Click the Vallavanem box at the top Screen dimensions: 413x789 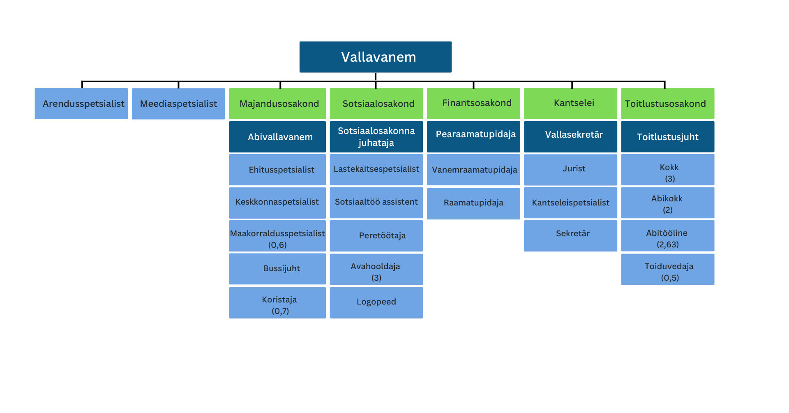pyautogui.click(x=375, y=57)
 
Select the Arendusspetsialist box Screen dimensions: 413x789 pyautogui.click(x=81, y=104)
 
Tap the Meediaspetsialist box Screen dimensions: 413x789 pyautogui.click(x=178, y=104)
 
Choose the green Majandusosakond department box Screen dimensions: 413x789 pyautogui.click(x=277, y=104)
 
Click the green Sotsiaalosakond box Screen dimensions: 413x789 pyautogui.click(x=376, y=104)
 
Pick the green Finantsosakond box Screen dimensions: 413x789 pyautogui.click(x=473, y=104)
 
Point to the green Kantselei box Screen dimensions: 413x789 pyautogui.click(x=570, y=104)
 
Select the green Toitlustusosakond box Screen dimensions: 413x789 pyautogui.click(x=667, y=104)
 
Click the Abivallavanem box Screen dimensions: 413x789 pyautogui.click(x=277, y=137)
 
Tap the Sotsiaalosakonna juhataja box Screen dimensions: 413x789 pyautogui.click(x=376, y=137)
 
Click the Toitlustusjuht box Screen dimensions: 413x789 pyautogui.click(x=667, y=137)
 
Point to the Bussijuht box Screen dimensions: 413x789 pyautogui.click(x=277, y=269)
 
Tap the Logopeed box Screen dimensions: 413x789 pyautogui.click(x=376, y=302)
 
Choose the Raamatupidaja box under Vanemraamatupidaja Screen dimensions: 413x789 pyautogui.click(x=473, y=203)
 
